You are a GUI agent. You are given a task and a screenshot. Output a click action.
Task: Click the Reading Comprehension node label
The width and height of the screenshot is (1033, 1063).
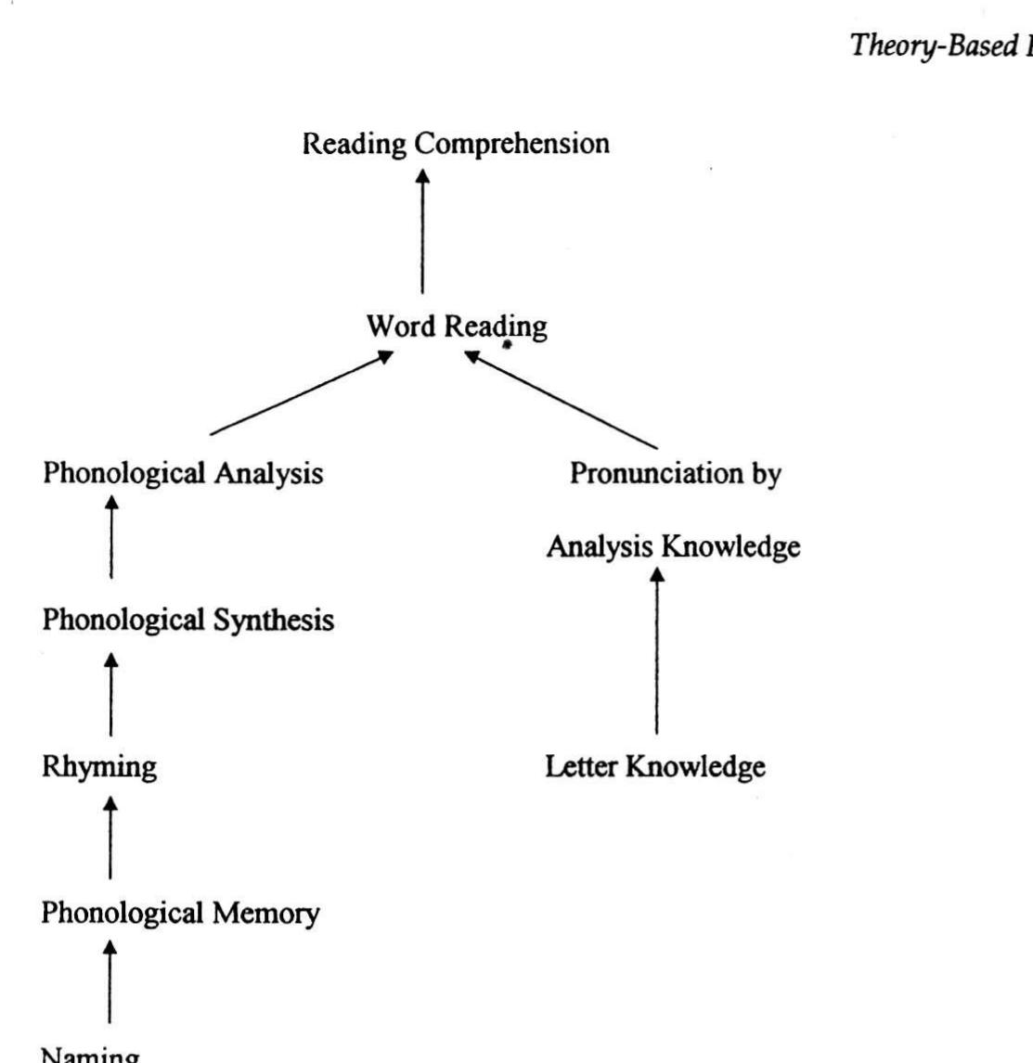(456, 144)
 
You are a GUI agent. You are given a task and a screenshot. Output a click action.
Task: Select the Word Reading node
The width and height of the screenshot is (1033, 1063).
(456, 327)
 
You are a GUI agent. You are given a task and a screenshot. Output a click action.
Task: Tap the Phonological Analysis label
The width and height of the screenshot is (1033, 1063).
(183, 473)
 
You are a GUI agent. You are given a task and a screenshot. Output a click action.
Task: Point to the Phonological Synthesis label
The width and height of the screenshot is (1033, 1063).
(188, 620)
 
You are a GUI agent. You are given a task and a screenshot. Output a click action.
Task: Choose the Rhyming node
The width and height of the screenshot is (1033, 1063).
(99, 767)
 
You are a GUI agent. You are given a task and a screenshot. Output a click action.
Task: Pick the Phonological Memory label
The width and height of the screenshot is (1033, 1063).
(181, 914)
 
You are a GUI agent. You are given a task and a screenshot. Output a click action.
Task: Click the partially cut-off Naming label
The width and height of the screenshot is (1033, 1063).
(91, 1055)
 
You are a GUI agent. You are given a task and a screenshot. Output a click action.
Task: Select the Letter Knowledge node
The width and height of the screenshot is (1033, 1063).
(655, 767)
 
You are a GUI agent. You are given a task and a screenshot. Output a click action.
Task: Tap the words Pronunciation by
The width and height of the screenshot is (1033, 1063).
(675, 473)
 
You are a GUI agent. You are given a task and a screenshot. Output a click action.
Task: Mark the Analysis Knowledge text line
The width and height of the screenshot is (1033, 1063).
(673, 547)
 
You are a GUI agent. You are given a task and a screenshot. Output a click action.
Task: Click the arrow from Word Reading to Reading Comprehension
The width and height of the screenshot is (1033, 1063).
(423, 232)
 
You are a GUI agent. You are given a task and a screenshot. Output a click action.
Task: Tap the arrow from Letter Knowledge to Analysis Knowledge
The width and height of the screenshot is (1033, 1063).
(657, 654)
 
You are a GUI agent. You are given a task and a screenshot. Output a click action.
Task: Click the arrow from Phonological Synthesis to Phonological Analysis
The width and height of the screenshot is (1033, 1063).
(112, 538)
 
